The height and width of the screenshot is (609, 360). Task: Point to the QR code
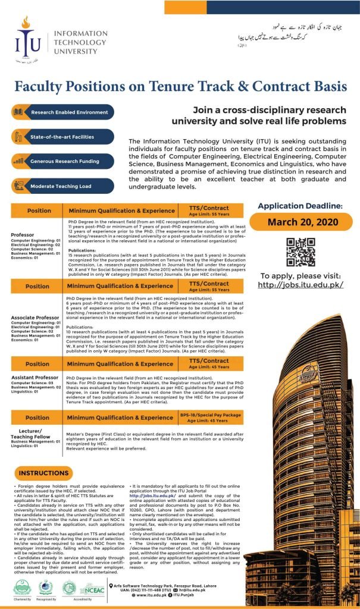pyautogui.click(x=300, y=252)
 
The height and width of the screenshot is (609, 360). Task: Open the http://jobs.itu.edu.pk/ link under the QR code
pyautogui.click(x=300, y=285)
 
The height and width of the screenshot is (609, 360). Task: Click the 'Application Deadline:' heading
pyautogui.click(x=300, y=206)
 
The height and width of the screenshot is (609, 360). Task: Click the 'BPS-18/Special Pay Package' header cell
pyautogui.click(x=211, y=415)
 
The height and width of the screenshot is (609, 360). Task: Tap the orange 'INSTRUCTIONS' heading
pyautogui.click(x=45, y=473)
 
